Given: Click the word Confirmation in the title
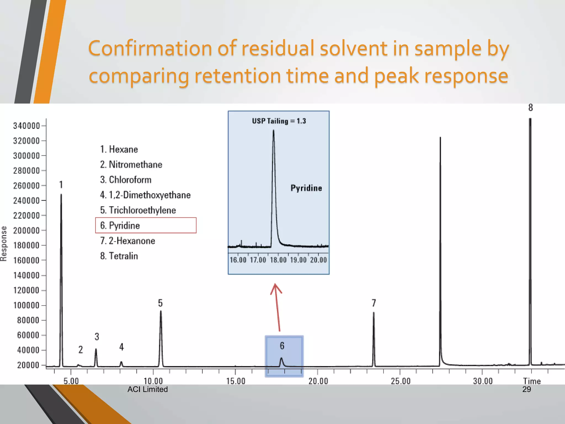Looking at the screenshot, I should [150, 48].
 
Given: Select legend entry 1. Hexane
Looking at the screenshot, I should [119, 149].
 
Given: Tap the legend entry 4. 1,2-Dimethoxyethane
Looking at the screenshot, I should [145, 195].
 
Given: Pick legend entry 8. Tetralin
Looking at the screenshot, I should [119, 256].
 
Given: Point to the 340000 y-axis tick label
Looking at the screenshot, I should [26, 126].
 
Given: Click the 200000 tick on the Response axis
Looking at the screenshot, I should [26, 230].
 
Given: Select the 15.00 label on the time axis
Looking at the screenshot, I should [236, 381].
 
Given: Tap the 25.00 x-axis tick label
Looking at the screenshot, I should [401, 381].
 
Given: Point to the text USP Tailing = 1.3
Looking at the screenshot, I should [279, 121].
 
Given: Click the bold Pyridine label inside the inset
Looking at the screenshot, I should [306, 188].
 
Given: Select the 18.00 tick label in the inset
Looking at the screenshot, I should [278, 260].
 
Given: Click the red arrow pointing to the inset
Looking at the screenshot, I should [277, 306].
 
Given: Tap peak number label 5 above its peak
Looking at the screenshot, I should [160, 303].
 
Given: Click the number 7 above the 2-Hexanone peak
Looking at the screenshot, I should [374, 303].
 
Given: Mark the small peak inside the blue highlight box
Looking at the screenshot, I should [281, 361].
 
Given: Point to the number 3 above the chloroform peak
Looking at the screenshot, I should [97, 337].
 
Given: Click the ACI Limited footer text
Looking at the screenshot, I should [148, 389].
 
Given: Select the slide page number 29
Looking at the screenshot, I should [526, 389].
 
